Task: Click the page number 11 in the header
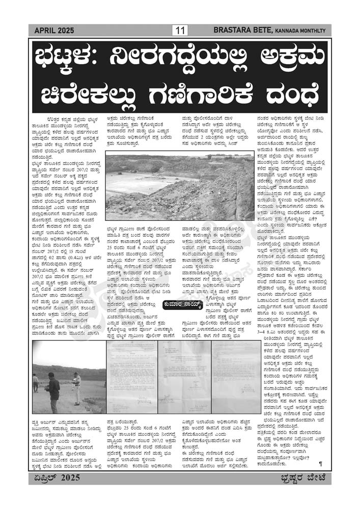coord(180,31)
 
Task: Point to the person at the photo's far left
coord(36,383)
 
